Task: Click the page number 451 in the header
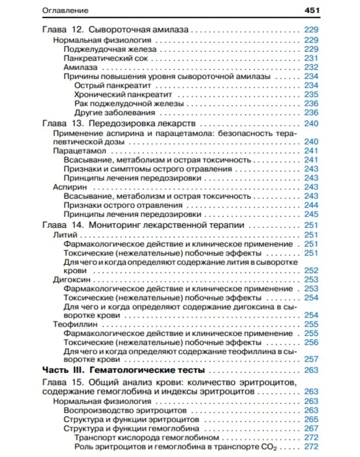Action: coord(311,11)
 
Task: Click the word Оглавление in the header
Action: coord(65,11)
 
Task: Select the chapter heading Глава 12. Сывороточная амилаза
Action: coord(115,30)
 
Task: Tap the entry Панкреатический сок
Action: coord(106,58)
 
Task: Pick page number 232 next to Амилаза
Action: coord(311,67)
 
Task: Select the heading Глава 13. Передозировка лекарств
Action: coord(119,123)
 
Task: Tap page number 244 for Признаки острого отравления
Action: coord(311,205)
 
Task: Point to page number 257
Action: coord(311,359)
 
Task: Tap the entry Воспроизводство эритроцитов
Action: coord(125,410)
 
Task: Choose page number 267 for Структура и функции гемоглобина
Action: coord(311,429)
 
